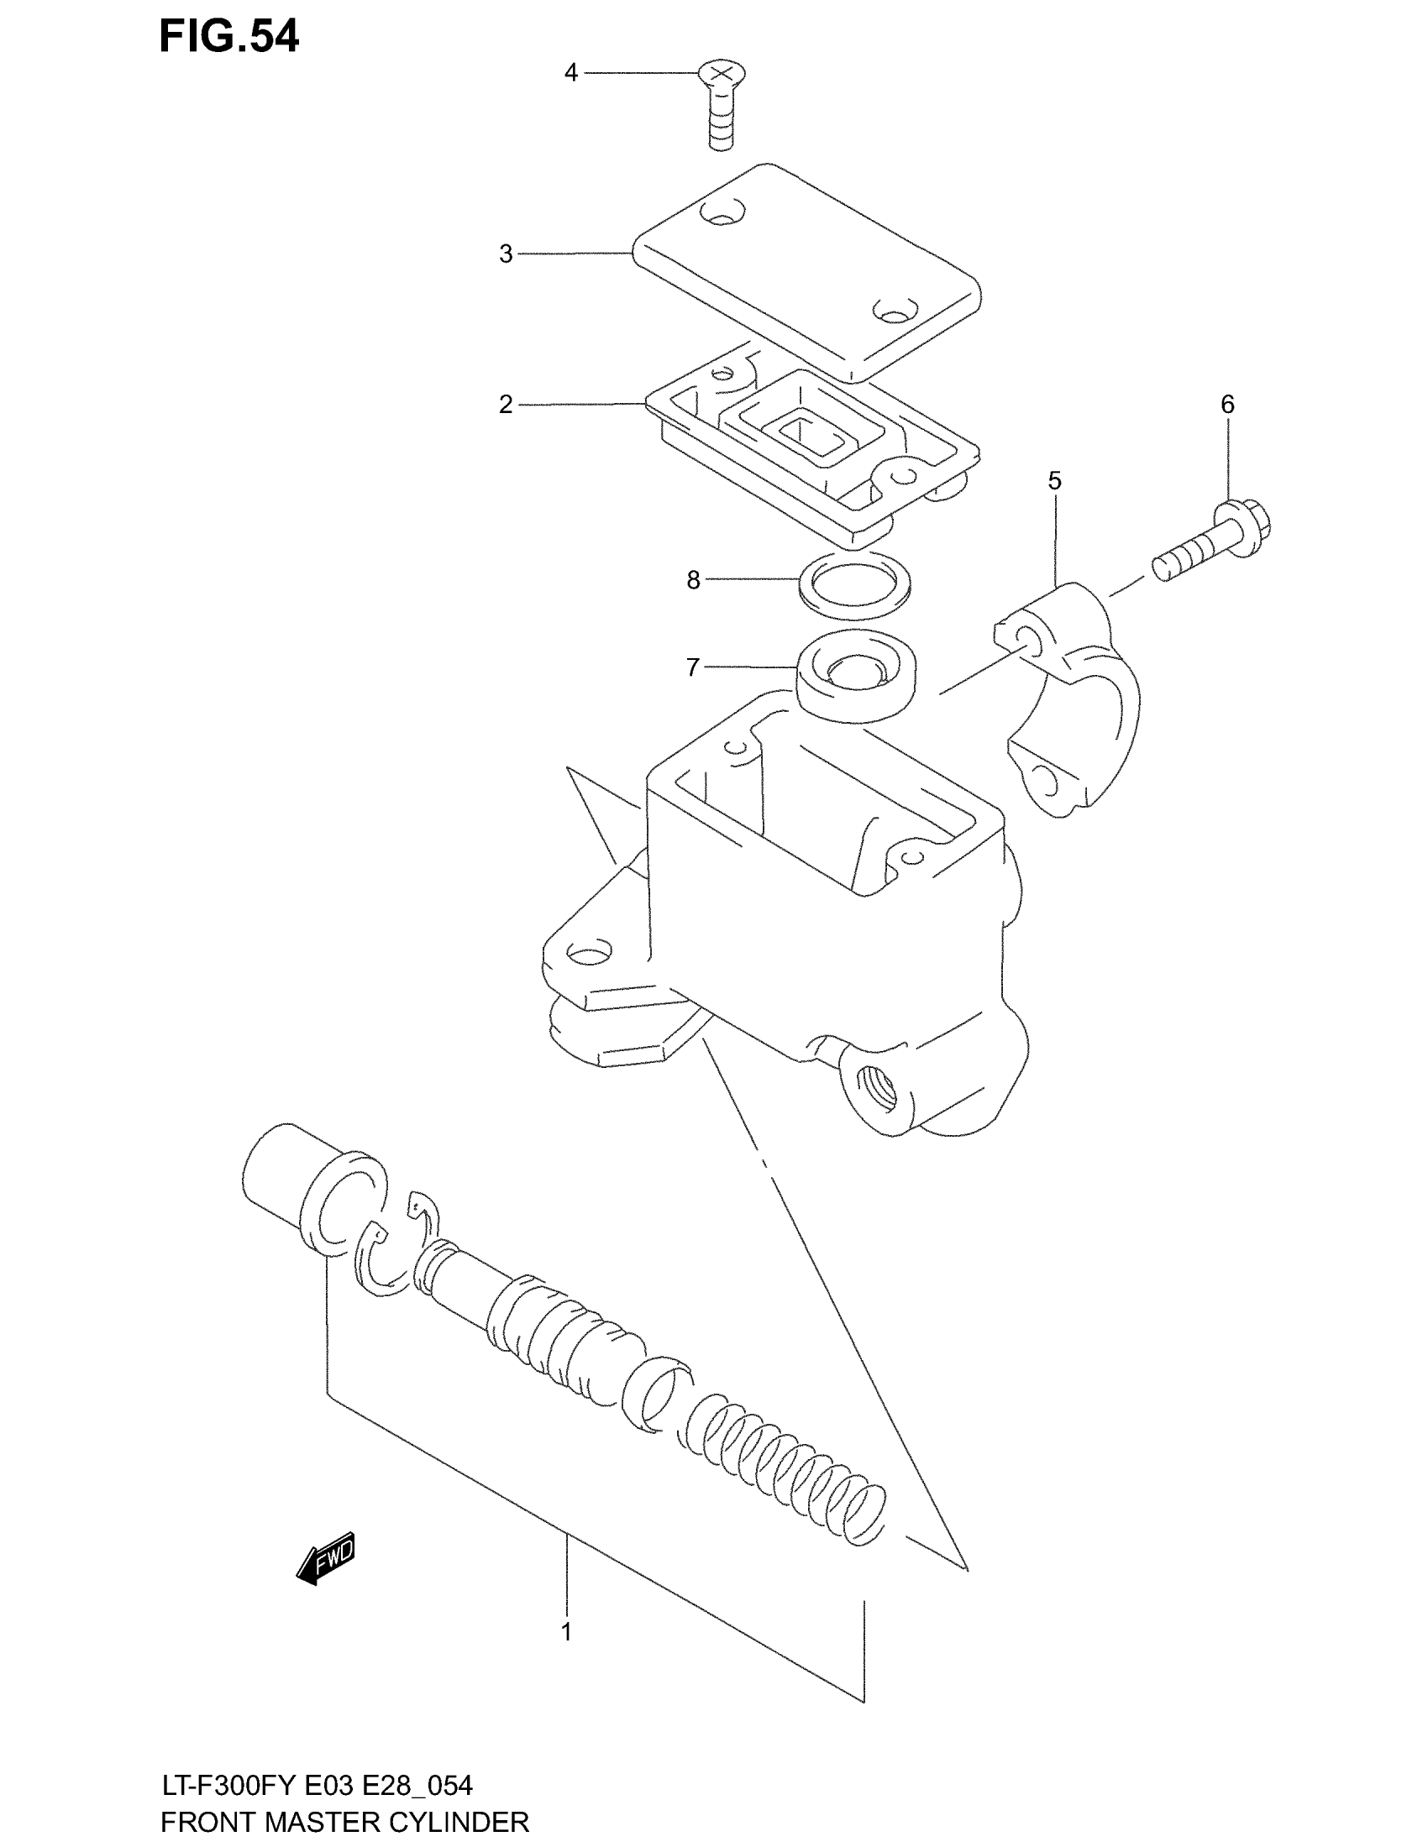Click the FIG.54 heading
pos(228,37)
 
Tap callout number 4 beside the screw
pos(571,74)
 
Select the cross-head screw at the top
pos(719,106)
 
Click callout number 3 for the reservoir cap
pos(506,254)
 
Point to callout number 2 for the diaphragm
pos(506,406)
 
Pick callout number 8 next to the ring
pos(693,580)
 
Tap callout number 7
pos(693,668)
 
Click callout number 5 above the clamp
pos(1054,481)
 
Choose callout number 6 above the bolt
pos(1227,406)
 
